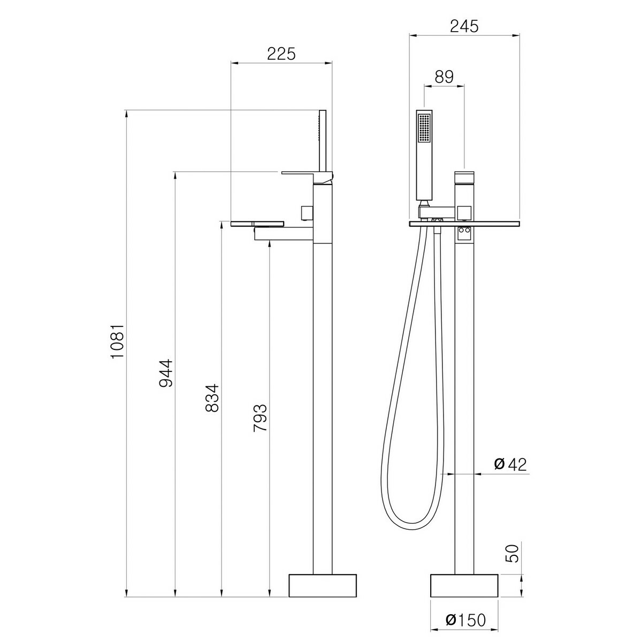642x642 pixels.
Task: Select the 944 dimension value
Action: [x=165, y=373]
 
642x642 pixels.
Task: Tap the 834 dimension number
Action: [x=212, y=398]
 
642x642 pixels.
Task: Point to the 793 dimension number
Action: [x=260, y=418]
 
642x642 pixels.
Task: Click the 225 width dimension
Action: [x=281, y=54]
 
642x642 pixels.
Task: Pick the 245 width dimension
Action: [x=464, y=26]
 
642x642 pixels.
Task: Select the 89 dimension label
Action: [x=444, y=77]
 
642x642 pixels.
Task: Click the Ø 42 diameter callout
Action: [x=510, y=464]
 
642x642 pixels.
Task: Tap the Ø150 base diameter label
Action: [x=466, y=620]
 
